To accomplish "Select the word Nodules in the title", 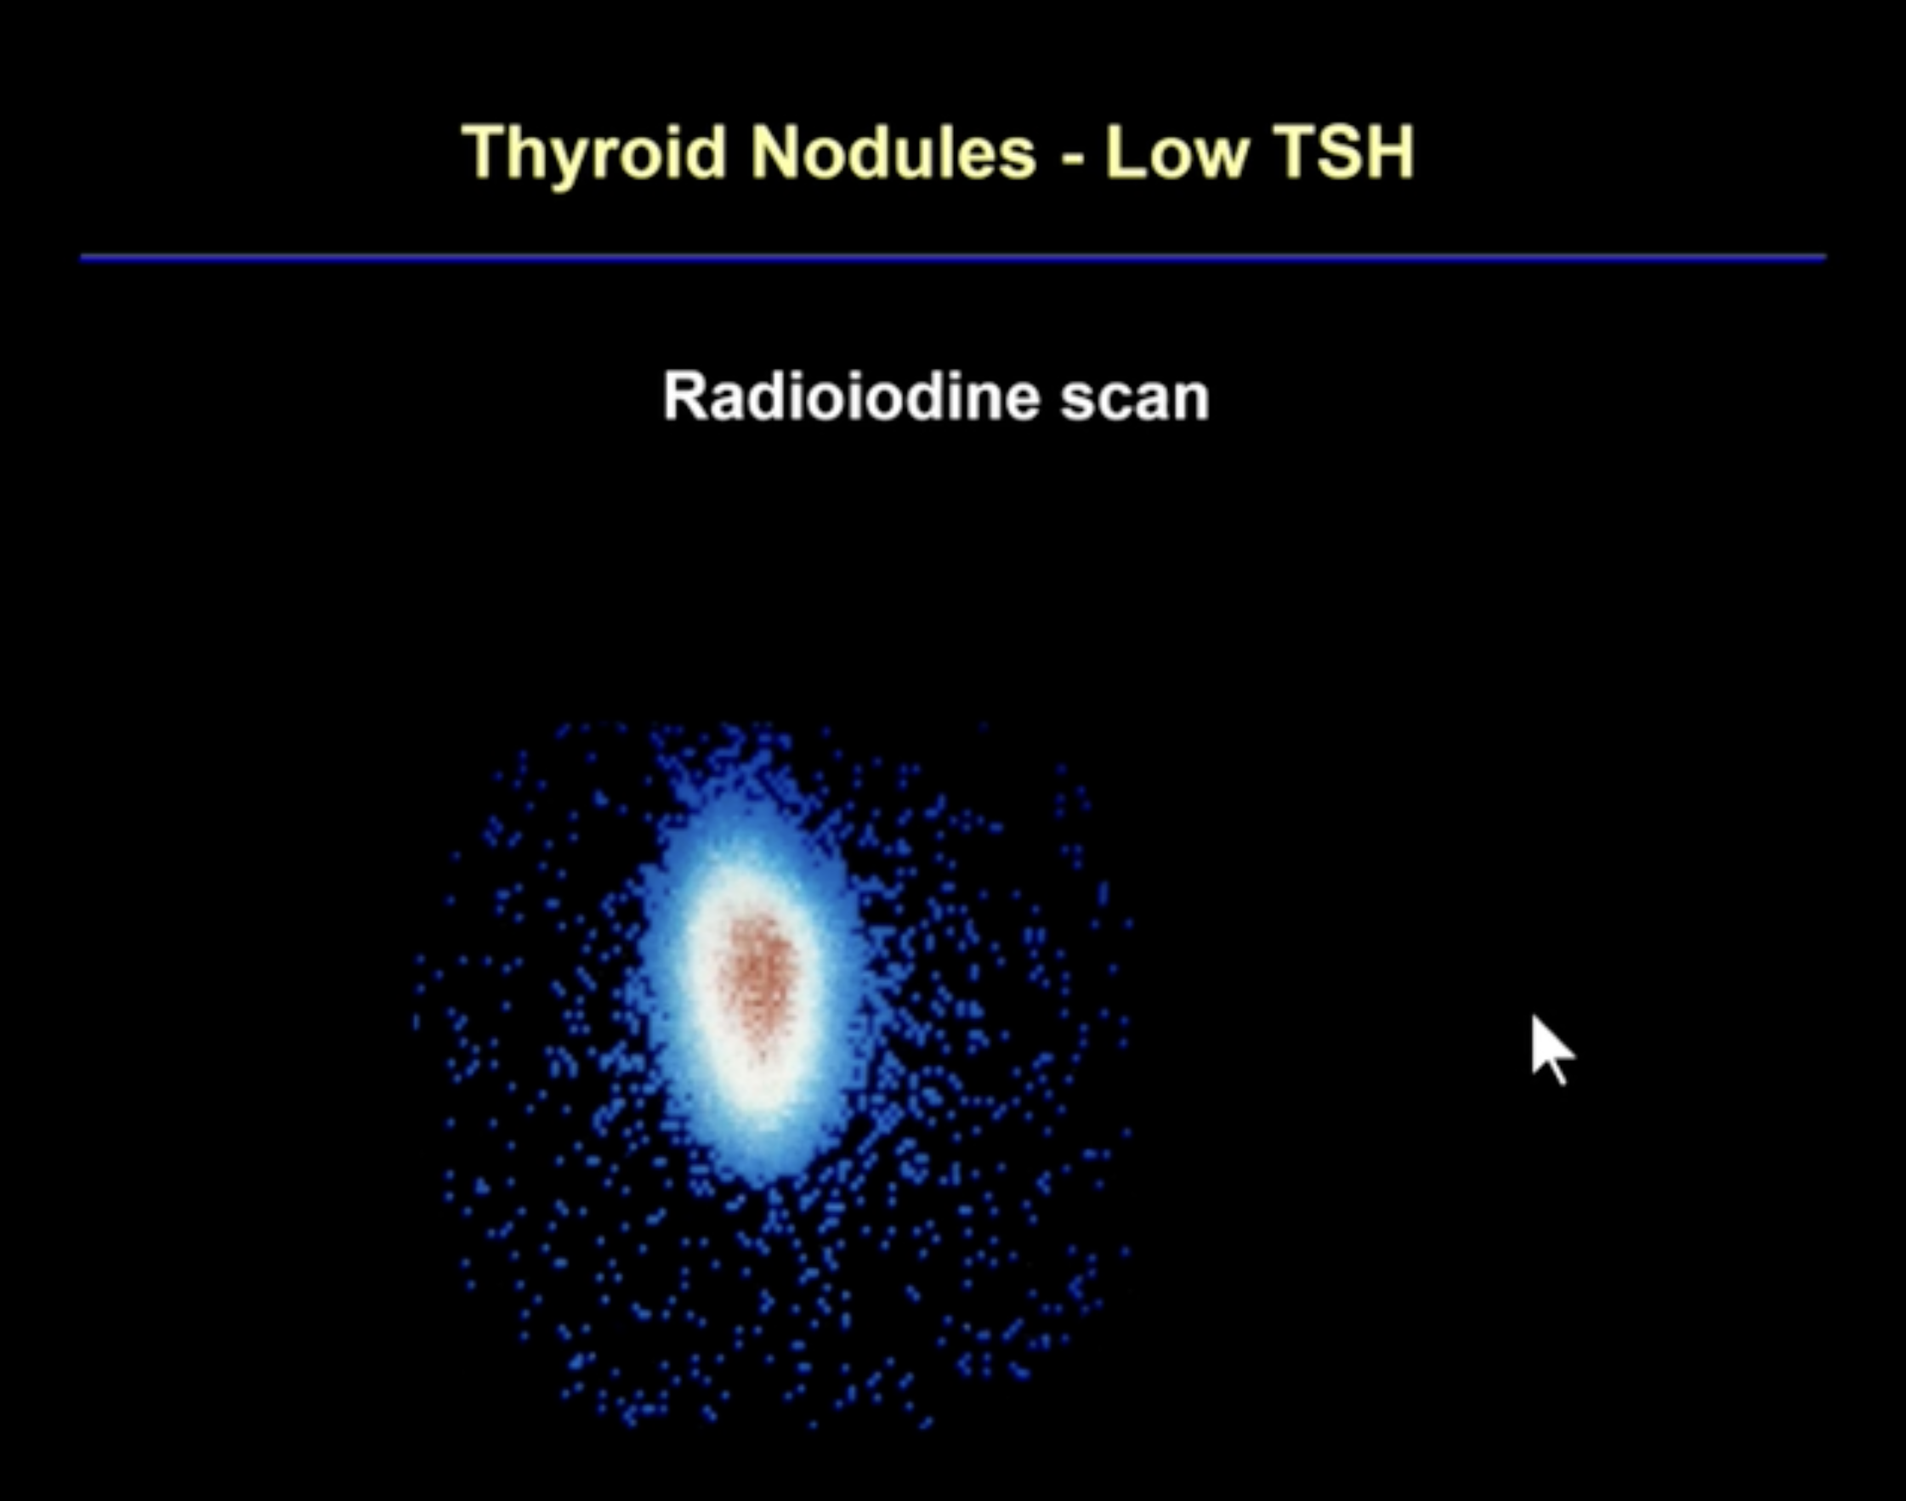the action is pos(893,151).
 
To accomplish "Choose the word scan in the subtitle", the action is pos(1134,400).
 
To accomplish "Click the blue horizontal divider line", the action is pos(954,258).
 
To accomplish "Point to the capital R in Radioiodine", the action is pos(686,395).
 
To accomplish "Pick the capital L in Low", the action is pos(1125,151).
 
